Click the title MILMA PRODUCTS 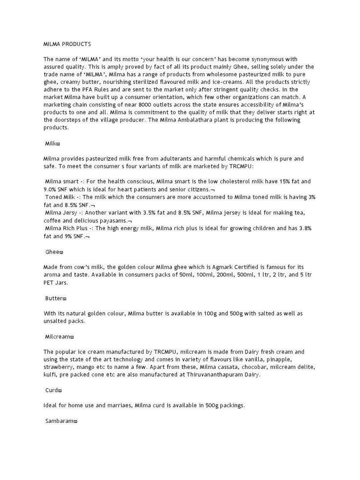67,44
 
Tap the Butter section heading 54,298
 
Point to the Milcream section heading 58,337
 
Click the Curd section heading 52,390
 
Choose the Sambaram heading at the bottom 60,421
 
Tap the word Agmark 220,267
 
